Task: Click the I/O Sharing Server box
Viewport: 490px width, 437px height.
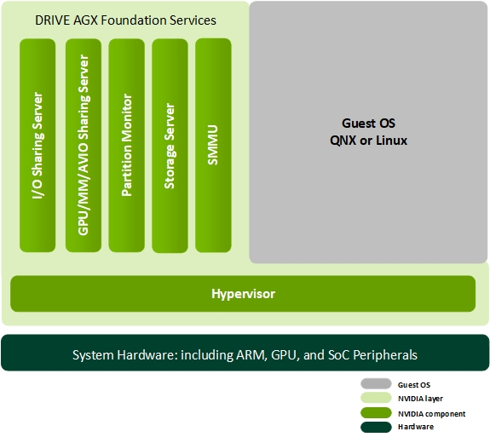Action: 37,146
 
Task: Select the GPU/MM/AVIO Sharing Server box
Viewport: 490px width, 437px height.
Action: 84,146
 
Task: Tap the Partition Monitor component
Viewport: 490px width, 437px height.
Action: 127,146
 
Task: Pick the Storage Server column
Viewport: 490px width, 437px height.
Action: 170,146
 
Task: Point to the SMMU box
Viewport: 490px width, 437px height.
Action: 213,146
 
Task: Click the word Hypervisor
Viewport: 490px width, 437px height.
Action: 243,294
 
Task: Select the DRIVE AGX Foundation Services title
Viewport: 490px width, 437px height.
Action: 125,20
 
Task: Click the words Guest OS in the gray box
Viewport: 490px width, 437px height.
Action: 368,124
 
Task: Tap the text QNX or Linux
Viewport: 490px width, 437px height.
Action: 368,141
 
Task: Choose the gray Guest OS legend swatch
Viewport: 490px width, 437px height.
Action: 376,384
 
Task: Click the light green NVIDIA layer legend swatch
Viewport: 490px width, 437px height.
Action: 376,398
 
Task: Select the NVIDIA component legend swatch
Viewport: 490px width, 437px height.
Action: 376,412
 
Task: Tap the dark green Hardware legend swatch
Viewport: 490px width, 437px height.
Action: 376,427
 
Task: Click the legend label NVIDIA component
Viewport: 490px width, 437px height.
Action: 431,414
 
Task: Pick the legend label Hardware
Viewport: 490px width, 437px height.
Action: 416,427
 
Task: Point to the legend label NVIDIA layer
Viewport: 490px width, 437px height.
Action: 420,399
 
